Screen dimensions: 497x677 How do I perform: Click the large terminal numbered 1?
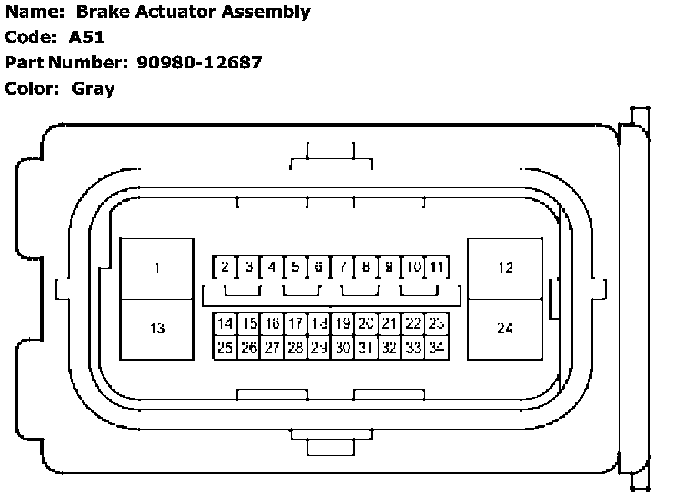[157, 269]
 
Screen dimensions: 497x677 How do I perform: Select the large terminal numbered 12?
[505, 269]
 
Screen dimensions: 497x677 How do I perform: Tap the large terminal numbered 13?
[157, 329]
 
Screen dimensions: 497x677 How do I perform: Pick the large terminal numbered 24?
[505, 329]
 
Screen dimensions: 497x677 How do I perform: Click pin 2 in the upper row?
[225, 267]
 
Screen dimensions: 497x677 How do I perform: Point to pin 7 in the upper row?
[342, 267]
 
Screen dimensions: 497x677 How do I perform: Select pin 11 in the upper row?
[437, 267]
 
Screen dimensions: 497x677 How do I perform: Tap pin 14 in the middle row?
[225, 323]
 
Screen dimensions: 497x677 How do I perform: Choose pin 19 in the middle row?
[342, 323]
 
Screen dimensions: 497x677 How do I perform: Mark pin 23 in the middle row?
[437, 323]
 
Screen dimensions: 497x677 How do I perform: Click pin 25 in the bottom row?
[225, 347]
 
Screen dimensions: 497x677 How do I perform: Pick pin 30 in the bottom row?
[342, 347]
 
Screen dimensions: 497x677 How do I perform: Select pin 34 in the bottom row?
[437, 347]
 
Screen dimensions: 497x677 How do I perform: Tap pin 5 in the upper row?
[295, 267]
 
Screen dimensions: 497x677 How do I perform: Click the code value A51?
[86, 37]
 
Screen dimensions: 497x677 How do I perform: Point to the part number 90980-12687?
[198, 62]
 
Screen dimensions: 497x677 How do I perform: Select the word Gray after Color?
[93, 88]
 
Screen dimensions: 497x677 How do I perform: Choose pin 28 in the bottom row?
[295, 347]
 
